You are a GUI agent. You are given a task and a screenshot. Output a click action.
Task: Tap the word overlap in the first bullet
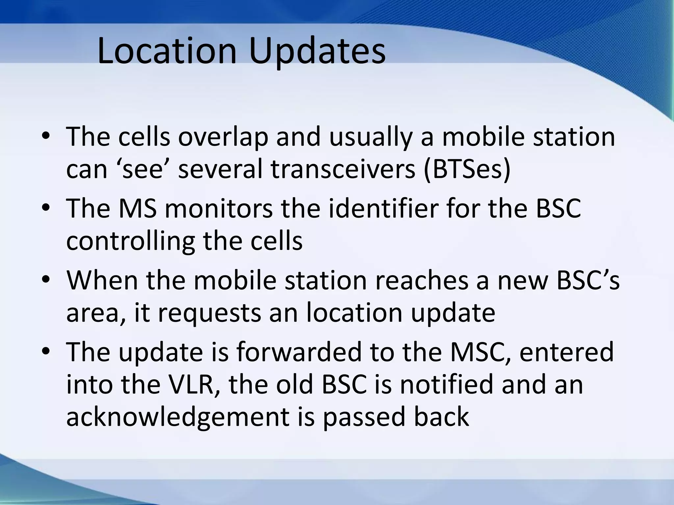click(x=223, y=137)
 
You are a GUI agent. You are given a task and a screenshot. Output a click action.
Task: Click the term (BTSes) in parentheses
click(x=467, y=170)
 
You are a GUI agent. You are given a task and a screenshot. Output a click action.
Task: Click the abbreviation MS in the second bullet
click(x=137, y=208)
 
